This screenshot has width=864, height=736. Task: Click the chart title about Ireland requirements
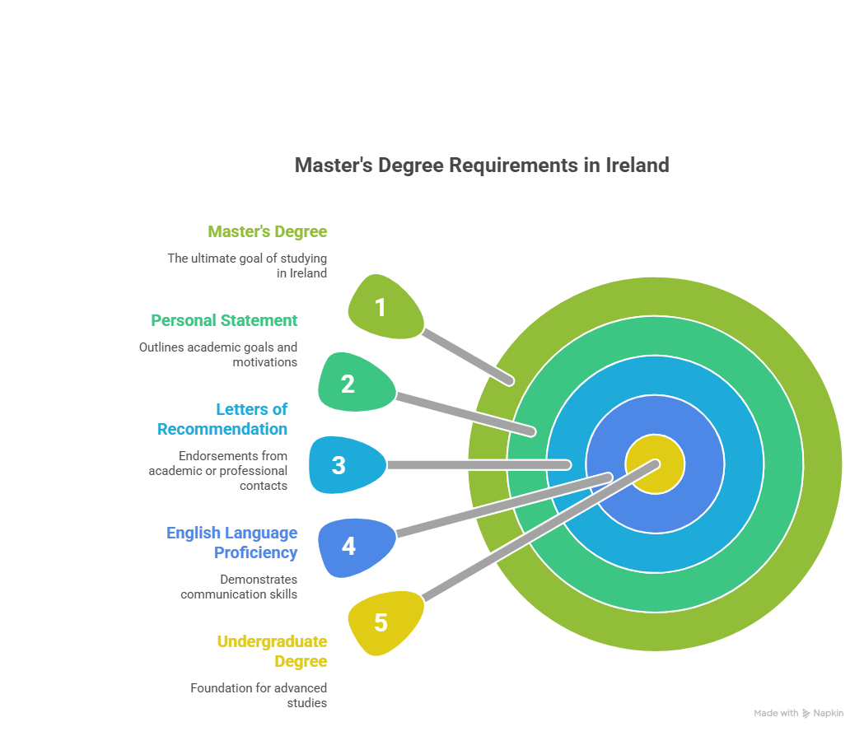coord(481,165)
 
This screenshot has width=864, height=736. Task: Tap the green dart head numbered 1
coord(382,307)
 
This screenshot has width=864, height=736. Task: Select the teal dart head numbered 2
coord(353,383)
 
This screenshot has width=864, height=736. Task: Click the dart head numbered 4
coord(353,547)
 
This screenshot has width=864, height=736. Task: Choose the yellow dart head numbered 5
coord(382,623)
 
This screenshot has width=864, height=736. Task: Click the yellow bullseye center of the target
coord(655,464)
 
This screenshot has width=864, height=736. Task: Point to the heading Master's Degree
coord(267,231)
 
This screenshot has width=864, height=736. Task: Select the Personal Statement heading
coord(224,320)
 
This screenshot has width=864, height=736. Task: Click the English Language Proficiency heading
coord(233,543)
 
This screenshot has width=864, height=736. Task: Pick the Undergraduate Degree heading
coord(272,651)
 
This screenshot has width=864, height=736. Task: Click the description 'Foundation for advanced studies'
coord(259,695)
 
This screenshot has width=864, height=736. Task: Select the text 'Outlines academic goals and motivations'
coord(219,354)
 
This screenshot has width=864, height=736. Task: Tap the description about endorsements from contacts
coord(219,470)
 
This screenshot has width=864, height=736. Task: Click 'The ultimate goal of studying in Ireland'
coord(247,265)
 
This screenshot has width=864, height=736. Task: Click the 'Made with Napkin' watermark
coord(798,713)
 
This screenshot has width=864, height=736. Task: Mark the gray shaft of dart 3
coord(478,465)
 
